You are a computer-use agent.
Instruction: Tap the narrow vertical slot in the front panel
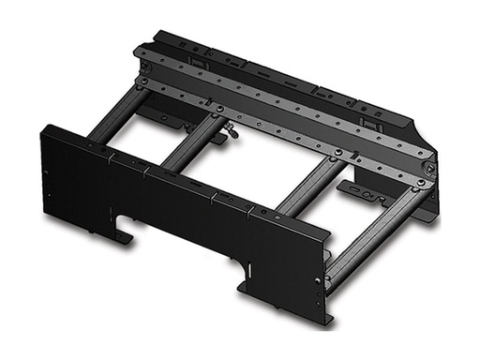pyautogui.click(x=250, y=273)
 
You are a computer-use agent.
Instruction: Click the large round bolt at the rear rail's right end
pyautogui.click(x=427, y=169)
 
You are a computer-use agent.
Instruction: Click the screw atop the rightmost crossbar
pyautogui.click(x=421, y=185)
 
